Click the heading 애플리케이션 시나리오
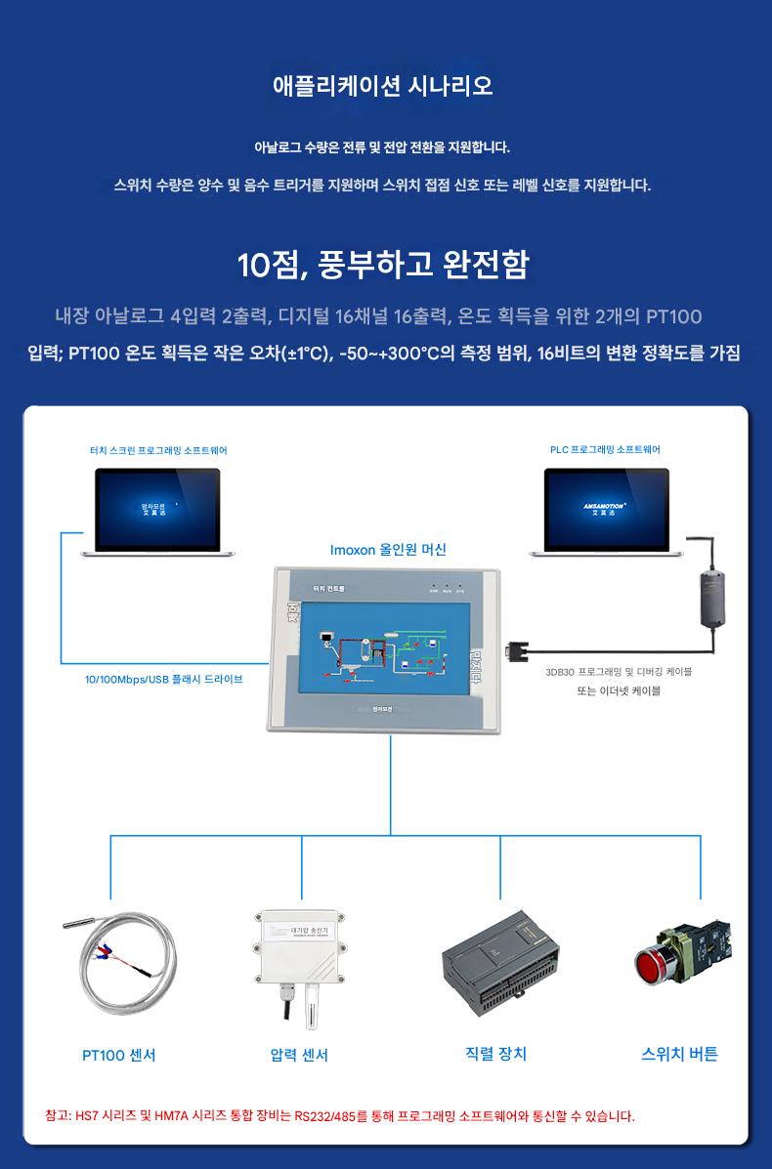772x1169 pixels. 383,86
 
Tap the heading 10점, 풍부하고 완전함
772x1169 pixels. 383,265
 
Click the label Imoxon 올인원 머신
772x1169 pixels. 388,550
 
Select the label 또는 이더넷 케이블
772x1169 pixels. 619,690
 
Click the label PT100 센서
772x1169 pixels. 118,1055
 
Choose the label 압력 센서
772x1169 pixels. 299,1055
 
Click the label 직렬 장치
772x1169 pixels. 496,1054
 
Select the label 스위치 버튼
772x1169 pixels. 679,1054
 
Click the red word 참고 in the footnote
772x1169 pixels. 57,1115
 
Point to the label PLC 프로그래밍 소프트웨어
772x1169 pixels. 605,449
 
